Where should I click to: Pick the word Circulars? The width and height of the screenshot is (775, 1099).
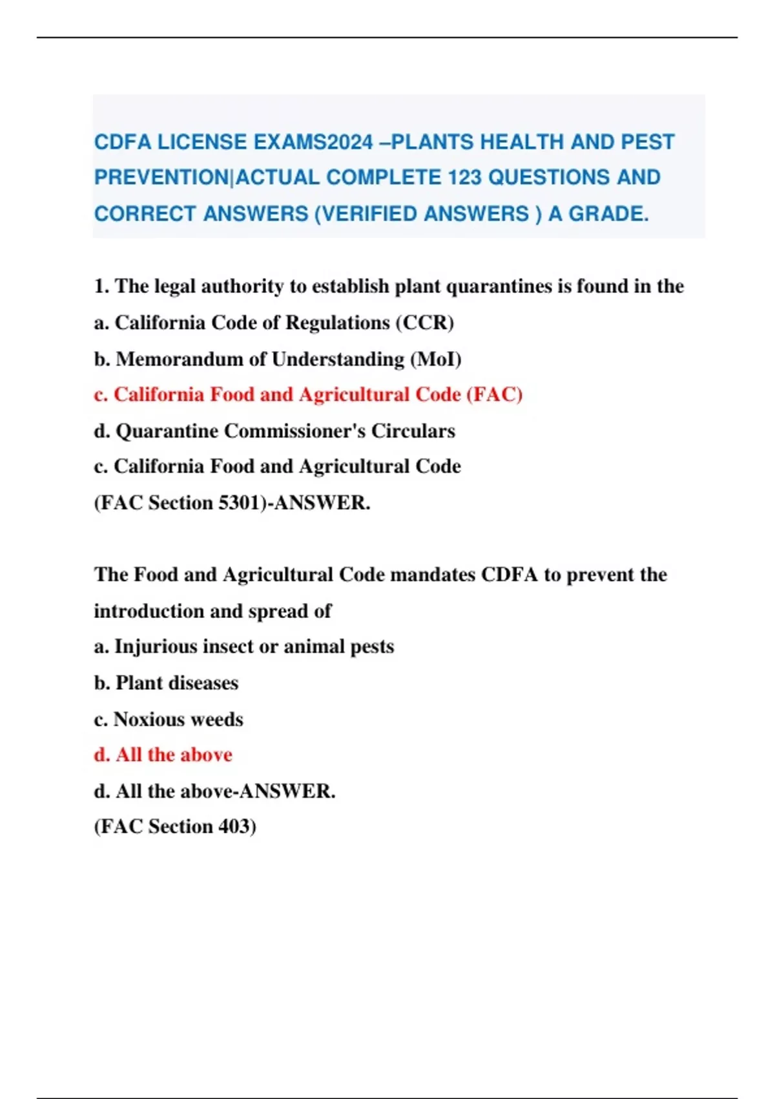tap(413, 431)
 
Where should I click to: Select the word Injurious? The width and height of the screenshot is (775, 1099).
tap(156, 646)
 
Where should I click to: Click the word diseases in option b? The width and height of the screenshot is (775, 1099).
tap(202, 682)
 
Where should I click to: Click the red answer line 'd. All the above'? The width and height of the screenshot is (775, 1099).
tap(163, 754)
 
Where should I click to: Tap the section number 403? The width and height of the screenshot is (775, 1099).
tap(234, 826)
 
